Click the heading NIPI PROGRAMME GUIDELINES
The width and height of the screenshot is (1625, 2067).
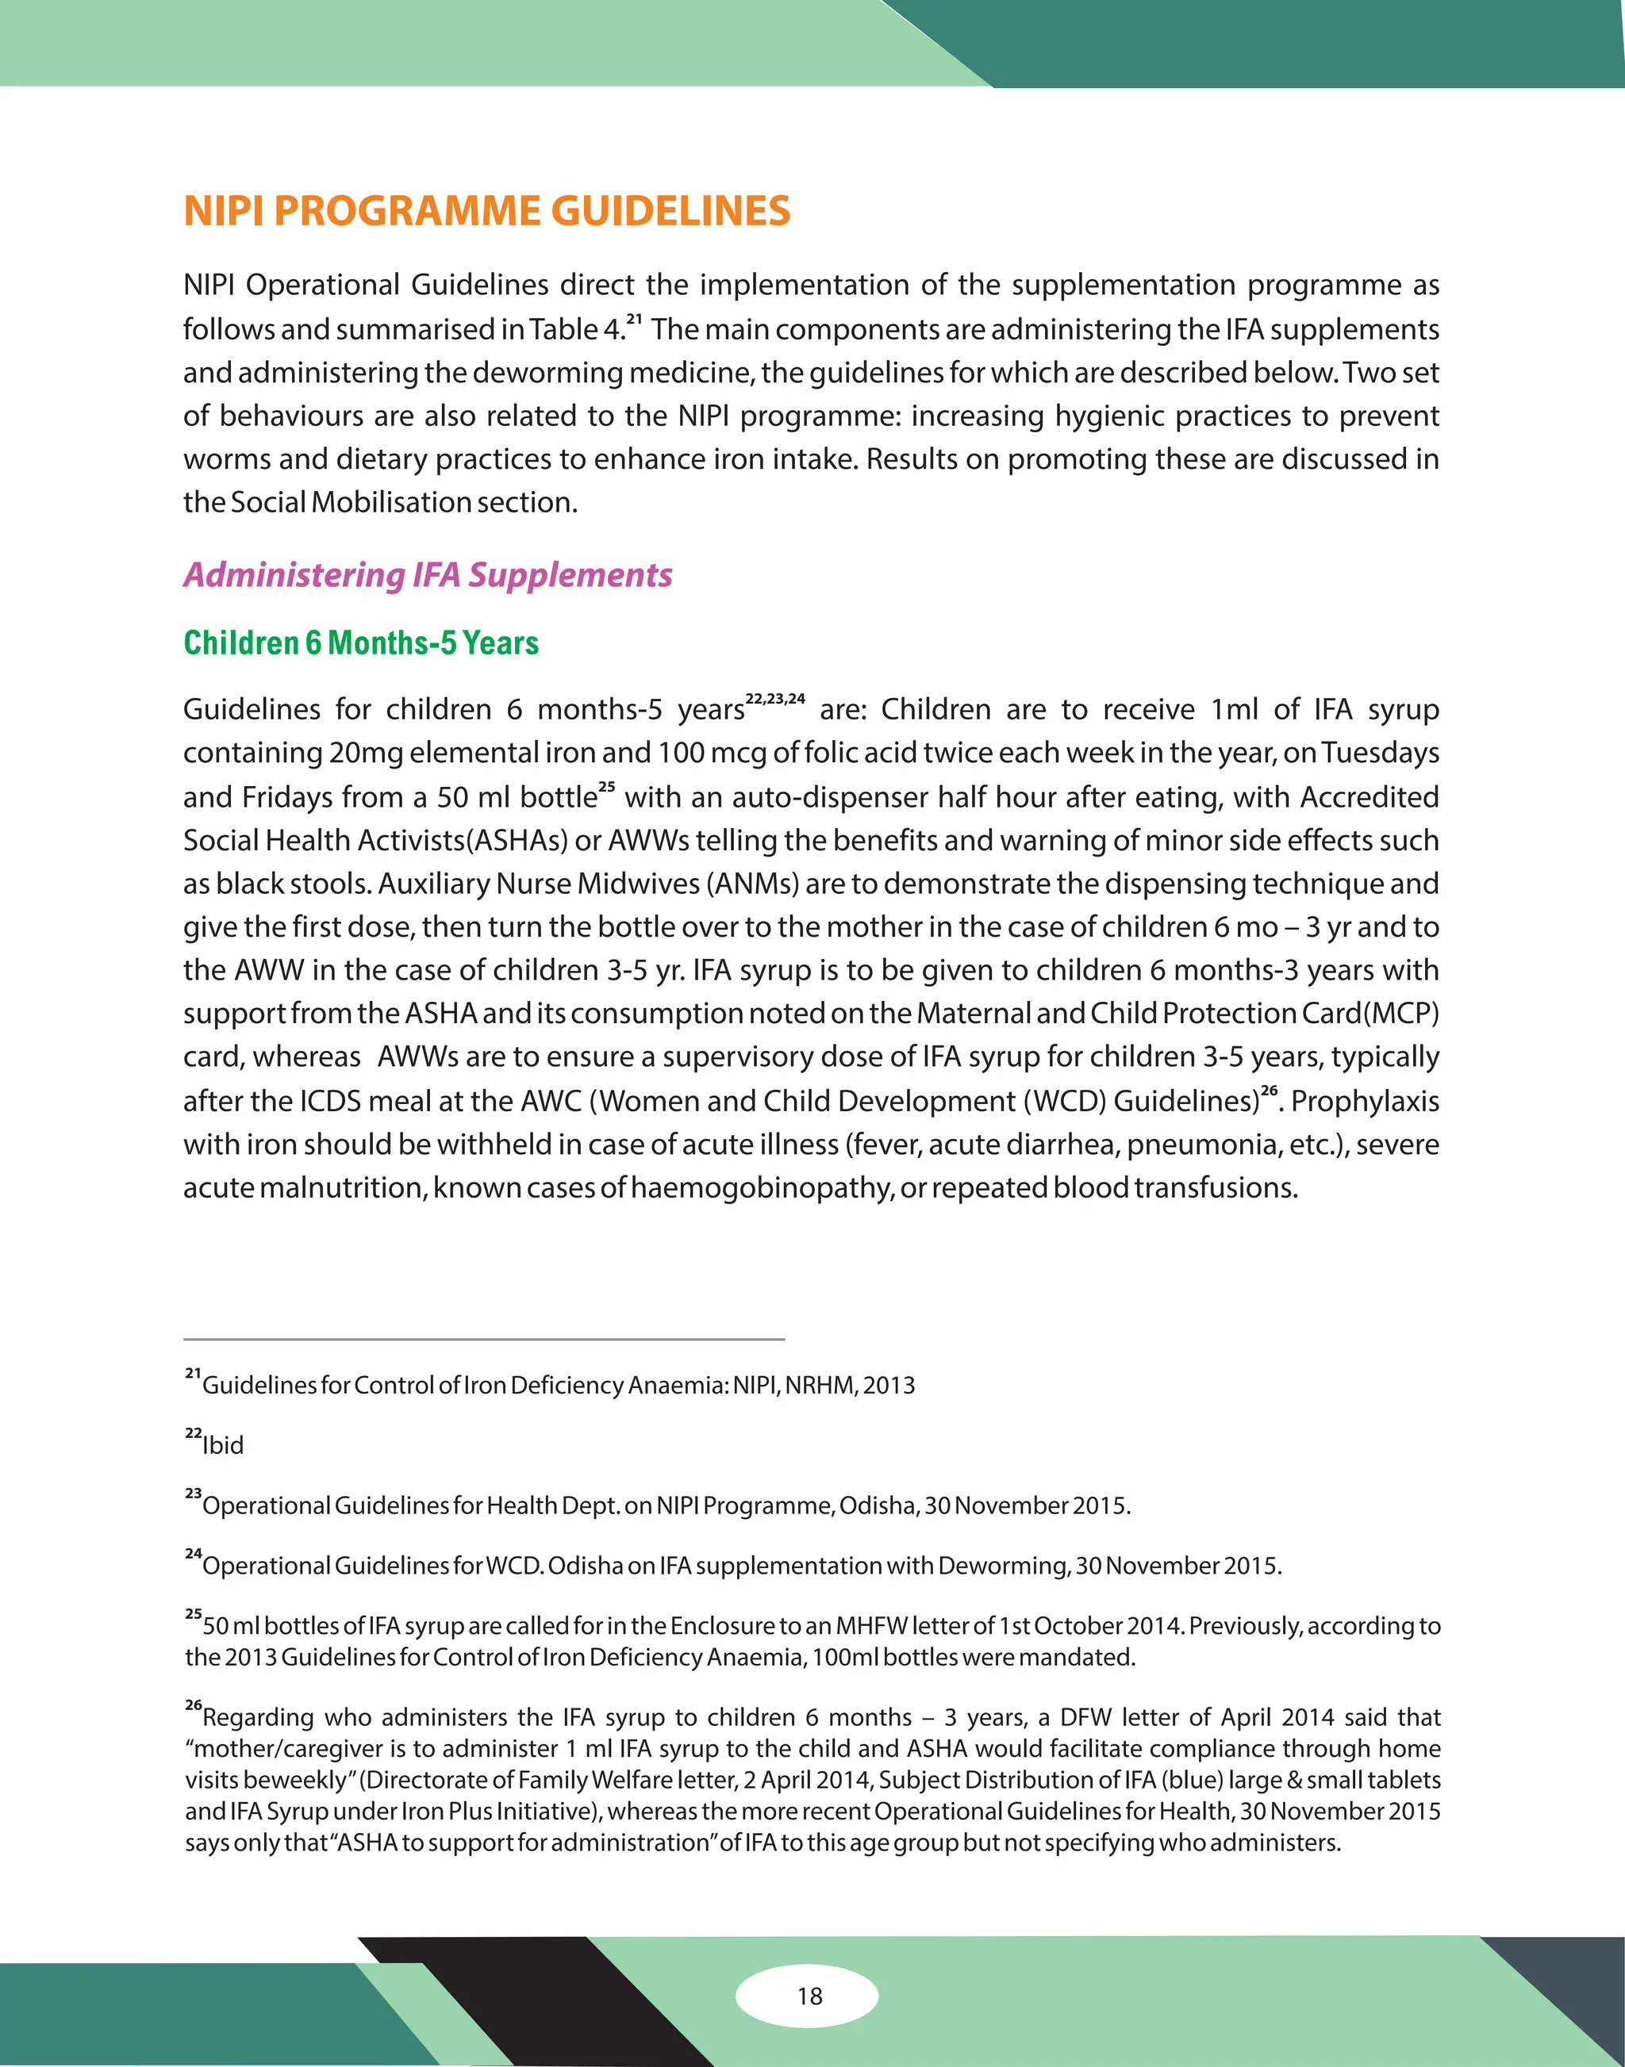(486, 211)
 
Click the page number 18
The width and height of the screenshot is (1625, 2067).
(809, 1996)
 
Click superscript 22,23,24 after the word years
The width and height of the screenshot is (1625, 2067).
(774, 698)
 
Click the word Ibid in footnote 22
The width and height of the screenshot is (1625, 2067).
(223, 1445)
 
